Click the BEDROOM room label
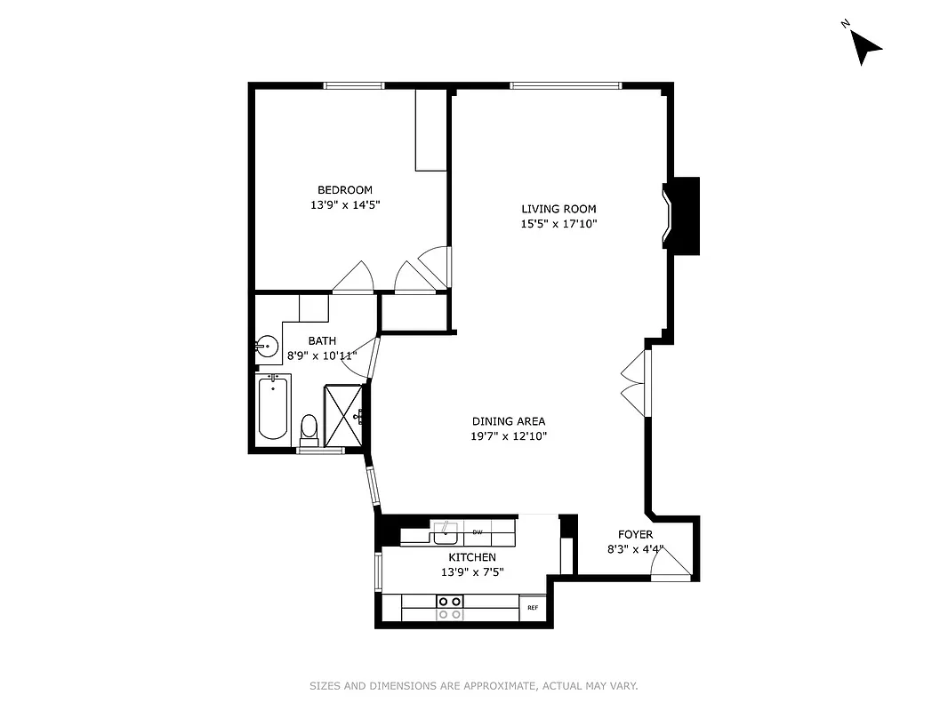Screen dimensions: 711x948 point(345,190)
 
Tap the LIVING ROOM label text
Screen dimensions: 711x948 point(558,210)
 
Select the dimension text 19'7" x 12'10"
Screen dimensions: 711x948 point(509,436)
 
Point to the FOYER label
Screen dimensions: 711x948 point(636,535)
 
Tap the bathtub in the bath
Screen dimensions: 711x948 point(273,410)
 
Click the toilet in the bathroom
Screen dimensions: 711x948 point(309,428)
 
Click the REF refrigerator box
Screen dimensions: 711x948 point(533,608)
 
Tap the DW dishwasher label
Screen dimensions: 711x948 point(478,532)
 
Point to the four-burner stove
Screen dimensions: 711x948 point(450,608)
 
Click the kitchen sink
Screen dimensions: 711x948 point(445,533)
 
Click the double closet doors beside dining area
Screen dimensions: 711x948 point(633,383)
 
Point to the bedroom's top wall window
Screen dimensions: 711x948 point(354,85)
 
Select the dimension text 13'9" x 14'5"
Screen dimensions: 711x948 point(345,205)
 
